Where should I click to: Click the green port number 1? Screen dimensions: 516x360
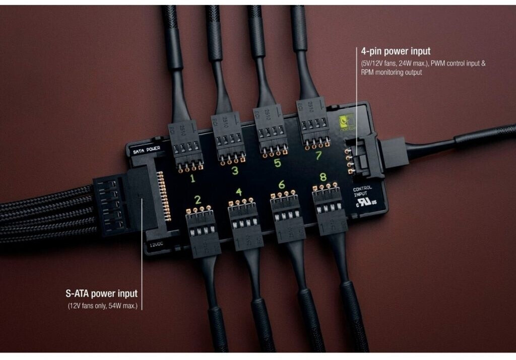[x=192, y=178]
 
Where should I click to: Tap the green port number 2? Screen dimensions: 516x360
[x=198, y=200]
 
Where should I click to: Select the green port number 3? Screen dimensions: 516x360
[x=234, y=171]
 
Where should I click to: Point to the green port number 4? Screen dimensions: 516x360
[x=238, y=192]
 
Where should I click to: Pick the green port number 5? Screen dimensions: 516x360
[x=277, y=163]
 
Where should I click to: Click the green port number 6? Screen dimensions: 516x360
[x=281, y=185]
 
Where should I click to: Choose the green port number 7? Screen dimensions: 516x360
[x=318, y=156]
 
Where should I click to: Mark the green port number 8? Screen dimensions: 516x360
[x=323, y=177]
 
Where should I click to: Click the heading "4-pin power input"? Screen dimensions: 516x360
[x=396, y=51]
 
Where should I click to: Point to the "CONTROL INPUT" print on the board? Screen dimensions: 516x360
[x=363, y=192]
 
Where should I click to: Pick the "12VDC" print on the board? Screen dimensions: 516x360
[x=156, y=245]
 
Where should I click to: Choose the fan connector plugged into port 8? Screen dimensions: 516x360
[x=329, y=209]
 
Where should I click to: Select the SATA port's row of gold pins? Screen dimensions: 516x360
[x=164, y=196]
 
